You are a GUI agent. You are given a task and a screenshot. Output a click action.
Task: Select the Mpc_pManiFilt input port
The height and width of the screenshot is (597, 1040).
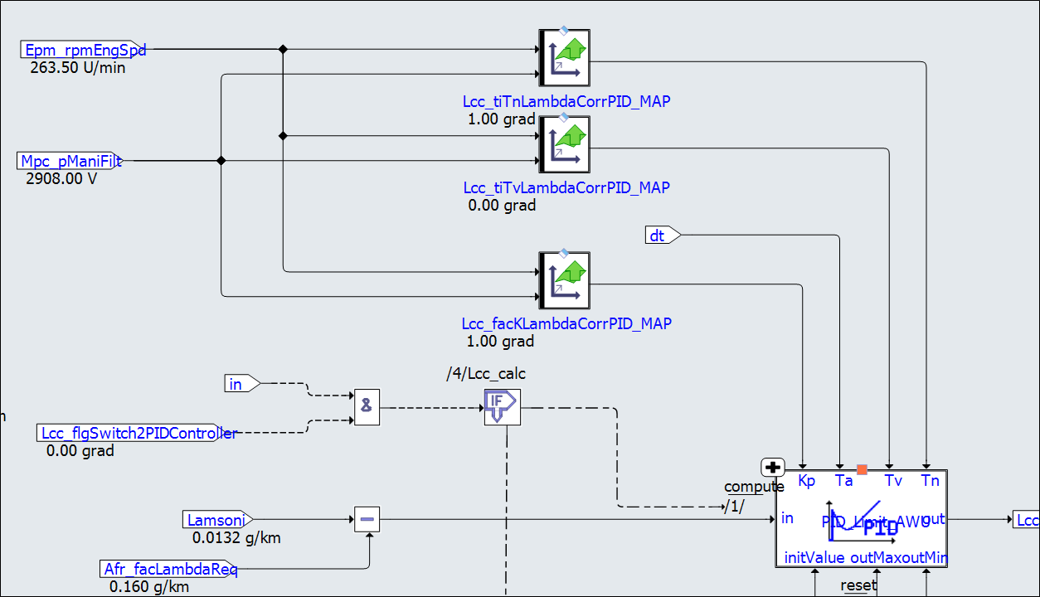click(71, 161)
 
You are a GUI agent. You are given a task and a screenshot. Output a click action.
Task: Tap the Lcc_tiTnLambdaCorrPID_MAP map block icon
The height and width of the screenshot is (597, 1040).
click(564, 58)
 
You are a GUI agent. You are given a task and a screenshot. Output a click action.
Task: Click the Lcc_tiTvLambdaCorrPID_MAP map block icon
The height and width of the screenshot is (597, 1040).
click(564, 144)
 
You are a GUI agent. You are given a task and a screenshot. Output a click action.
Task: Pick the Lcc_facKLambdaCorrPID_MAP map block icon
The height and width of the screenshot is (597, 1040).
click(564, 280)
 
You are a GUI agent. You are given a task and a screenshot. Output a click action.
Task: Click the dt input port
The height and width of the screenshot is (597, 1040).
click(662, 235)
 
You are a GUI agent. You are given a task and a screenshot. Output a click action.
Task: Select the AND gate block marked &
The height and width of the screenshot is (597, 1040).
click(367, 407)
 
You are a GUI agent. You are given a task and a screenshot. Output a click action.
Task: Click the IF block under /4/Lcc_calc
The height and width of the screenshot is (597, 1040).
click(502, 407)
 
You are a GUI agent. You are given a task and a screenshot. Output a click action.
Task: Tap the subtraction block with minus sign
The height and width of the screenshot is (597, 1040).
click(367, 520)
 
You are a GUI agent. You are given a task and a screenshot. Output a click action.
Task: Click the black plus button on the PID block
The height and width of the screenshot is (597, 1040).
click(772, 467)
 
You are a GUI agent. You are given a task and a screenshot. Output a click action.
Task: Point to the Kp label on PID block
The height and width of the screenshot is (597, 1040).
click(806, 481)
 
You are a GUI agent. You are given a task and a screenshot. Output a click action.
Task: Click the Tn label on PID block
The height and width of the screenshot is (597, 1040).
click(930, 481)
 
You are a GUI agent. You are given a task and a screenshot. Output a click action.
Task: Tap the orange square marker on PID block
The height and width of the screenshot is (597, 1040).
click(862, 469)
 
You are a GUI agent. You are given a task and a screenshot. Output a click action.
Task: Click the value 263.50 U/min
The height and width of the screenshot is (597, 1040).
click(78, 68)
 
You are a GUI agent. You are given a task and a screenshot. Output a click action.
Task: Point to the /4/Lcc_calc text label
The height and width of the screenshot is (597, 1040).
click(486, 373)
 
